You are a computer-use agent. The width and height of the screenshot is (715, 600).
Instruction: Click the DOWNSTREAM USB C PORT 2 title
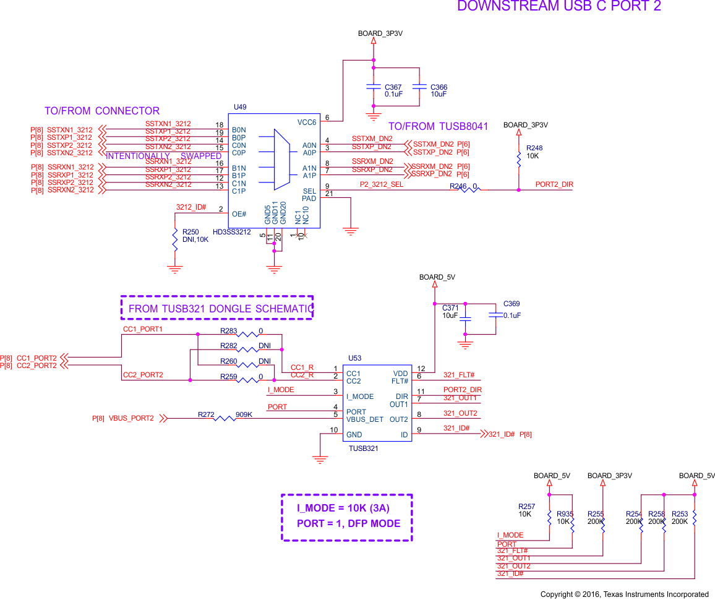point(559,7)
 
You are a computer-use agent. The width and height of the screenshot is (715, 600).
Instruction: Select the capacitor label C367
point(393,87)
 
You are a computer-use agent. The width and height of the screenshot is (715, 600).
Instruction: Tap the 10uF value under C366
point(439,95)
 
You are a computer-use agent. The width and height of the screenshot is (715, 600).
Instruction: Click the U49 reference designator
point(240,107)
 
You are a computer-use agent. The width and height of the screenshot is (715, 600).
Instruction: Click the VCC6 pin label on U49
point(306,122)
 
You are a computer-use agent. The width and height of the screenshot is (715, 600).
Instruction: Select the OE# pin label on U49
point(239,214)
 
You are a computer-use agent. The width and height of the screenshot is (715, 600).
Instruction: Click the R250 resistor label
point(191,232)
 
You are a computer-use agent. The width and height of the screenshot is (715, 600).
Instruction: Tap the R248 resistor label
point(534,148)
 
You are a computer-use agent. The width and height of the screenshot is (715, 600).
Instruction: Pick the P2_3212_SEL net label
point(381,185)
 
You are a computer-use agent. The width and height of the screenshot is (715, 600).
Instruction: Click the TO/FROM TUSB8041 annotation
point(438,127)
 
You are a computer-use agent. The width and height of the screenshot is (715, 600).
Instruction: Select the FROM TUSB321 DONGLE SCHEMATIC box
point(217,308)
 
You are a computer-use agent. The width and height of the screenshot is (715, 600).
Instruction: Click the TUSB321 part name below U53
point(363,448)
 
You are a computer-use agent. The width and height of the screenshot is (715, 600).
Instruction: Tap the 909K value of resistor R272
point(244,414)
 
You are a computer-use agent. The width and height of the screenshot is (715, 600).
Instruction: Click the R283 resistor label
point(229,331)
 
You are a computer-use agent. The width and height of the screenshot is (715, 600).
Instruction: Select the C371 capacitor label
point(450,307)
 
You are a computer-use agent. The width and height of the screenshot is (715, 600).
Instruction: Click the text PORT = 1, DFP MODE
point(348,523)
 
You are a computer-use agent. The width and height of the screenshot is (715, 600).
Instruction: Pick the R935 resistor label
point(565,514)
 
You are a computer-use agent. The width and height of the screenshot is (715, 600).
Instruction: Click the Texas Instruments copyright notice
point(624,594)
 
